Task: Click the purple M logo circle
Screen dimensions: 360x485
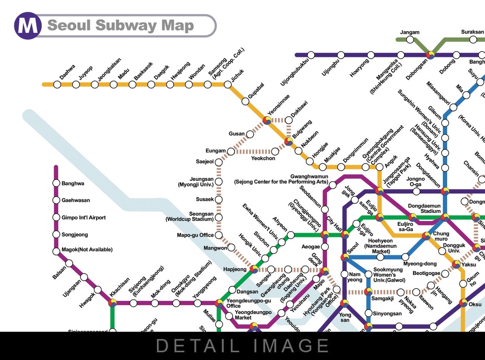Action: point(28,26)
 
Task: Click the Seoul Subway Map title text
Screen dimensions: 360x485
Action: point(120,26)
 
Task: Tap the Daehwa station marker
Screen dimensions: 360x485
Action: point(57,84)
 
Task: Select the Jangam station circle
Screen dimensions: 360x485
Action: point(410,40)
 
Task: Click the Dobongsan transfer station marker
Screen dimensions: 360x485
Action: point(431,55)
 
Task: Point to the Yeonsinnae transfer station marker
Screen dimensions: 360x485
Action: point(267,120)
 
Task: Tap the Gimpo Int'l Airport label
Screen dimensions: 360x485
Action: point(83,217)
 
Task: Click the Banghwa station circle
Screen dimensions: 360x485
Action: point(56,183)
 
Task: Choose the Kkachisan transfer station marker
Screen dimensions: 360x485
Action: point(113,303)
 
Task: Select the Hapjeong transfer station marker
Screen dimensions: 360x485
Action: point(254,269)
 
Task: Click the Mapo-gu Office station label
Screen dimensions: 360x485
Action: point(195,235)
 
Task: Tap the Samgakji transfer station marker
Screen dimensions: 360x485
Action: point(369,292)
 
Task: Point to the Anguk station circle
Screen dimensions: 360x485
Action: point(379,167)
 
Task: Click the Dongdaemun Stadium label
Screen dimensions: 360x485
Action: point(424,209)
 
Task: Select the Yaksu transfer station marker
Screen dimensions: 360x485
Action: point(456,265)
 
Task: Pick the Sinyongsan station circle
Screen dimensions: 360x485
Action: point(369,314)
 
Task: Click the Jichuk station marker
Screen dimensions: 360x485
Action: point(228,84)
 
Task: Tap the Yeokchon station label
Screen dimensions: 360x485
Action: point(263,158)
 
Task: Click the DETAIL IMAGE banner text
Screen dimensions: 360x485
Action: point(242,346)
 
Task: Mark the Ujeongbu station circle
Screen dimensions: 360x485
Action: point(341,55)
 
